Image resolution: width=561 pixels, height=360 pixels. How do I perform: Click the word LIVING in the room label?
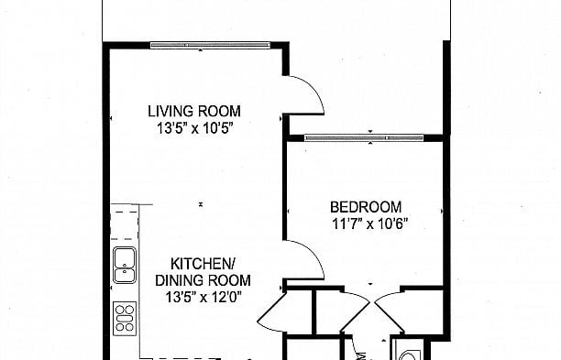(170, 112)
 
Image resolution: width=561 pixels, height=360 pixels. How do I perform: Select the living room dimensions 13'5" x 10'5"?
(196, 129)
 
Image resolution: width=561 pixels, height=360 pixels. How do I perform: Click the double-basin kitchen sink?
(124, 264)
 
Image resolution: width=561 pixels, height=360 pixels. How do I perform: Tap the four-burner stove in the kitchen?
(125, 317)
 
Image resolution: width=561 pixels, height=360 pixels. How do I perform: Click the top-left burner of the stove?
(120, 310)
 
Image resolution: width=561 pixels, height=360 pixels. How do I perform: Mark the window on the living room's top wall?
(210, 44)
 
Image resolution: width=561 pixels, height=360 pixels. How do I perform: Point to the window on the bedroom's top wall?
(363, 138)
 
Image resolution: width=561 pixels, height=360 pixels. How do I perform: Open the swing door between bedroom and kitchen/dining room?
(305, 259)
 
